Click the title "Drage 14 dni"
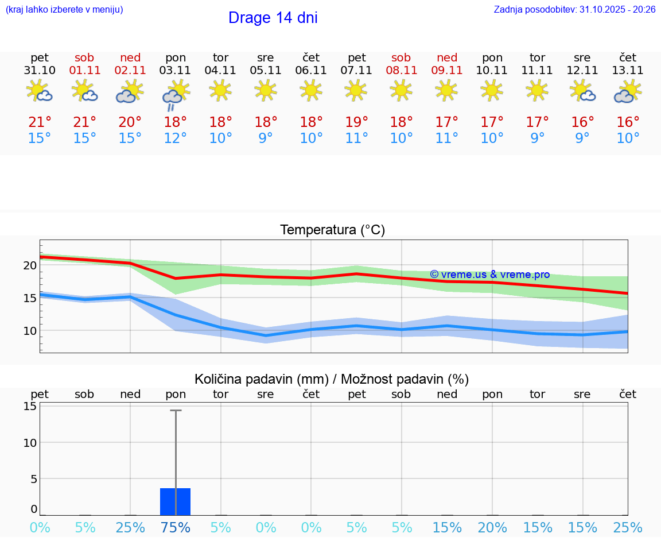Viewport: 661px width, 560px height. click(273, 18)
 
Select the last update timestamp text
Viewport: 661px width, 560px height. click(574, 10)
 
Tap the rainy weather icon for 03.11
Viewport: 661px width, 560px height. click(175, 94)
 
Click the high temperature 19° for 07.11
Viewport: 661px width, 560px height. click(356, 122)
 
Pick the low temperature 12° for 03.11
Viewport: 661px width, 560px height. click(175, 138)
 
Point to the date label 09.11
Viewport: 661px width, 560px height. click(447, 71)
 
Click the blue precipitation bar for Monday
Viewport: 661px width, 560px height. click(175, 501)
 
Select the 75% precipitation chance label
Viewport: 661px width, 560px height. click(175, 528)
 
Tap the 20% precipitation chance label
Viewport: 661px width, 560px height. click(492, 528)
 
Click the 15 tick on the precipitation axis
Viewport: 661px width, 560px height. click(30, 406)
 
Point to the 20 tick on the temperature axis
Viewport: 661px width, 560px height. click(30, 265)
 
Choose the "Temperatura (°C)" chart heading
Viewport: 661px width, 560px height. click(332, 230)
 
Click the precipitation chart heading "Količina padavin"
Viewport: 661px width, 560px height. click(332, 379)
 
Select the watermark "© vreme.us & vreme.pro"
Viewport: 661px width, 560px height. click(489, 275)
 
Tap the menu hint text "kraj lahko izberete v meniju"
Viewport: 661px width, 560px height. click(64, 10)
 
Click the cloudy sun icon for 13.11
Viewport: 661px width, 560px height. click(628, 92)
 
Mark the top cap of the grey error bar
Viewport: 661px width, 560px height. click(176, 411)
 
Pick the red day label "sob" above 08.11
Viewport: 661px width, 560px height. click(401, 57)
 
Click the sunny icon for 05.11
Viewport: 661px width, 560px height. click(265, 90)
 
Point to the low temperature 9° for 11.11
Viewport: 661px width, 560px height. click(537, 138)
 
